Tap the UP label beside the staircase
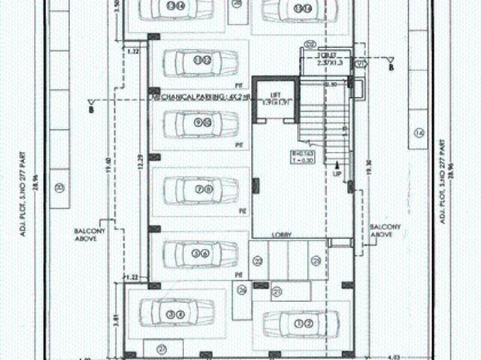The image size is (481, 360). click(x=337, y=174)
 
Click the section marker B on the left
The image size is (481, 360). click(x=91, y=108)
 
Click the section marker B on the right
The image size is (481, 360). click(x=392, y=67)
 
